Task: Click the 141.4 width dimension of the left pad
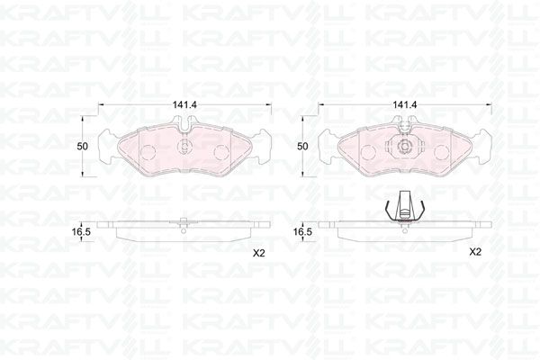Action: click(x=184, y=104)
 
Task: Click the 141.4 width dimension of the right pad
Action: click(x=405, y=104)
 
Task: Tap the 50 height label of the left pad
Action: click(x=82, y=147)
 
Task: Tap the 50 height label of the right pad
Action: click(x=302, y=147)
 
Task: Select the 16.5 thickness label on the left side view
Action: click(x=81, y=232)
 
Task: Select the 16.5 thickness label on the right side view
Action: click(x=302, y=232)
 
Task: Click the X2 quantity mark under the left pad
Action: click(x=258, y=254)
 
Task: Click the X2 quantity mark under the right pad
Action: click(x=475, y=252)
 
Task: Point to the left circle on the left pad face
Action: click(x=148, y=152)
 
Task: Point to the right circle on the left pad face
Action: click(x=221, y=152)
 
